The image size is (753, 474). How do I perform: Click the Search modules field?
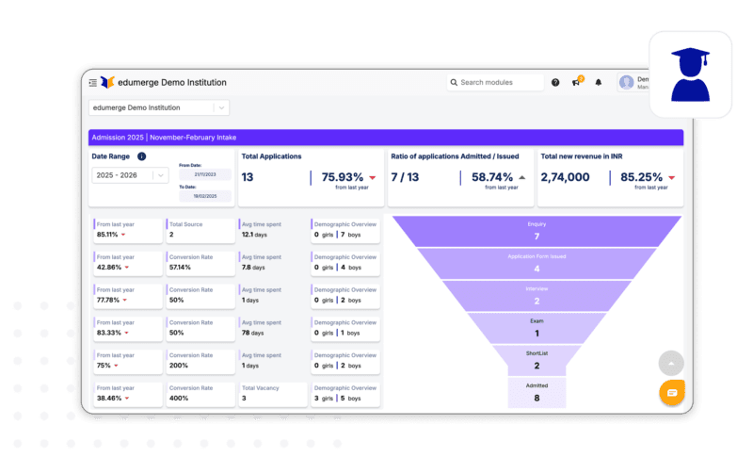coord(495,83)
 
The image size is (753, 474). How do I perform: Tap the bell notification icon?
coord(598,83)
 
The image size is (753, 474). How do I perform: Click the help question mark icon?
coord(555,83)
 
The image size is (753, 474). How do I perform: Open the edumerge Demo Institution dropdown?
coord(158,108)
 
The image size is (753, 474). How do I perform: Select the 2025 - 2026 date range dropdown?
coord(129,174)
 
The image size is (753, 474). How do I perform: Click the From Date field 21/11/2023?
coord(204,174)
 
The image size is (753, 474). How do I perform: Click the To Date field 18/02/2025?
coord(204,196)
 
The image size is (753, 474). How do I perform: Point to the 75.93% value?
coord(343,177)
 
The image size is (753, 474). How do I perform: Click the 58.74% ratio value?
coord(492,177)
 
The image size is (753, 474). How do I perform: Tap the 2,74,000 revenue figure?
coord(566,177)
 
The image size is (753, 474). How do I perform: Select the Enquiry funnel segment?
coord(537,231)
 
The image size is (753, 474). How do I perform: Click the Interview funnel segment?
coord(537,295)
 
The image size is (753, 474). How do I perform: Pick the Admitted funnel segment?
coord(537,392)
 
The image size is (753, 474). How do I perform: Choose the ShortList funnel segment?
coord(537,360)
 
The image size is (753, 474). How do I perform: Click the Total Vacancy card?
coord(273,394)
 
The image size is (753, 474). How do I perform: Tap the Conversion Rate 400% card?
coord(200,394)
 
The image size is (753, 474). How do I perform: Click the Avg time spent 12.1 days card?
coord(273,230)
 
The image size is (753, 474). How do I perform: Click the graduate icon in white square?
coord(690,74)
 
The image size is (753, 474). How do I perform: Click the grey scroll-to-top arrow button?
coord(671,363)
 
